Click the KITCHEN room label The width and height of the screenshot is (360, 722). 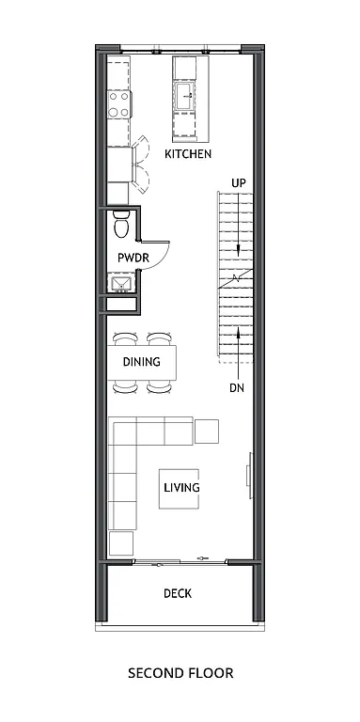click(188, 153)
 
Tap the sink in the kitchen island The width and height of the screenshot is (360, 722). click(186, 95)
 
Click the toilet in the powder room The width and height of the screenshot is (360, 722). click(121, 227)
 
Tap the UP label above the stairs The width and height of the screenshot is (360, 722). click(239, 182)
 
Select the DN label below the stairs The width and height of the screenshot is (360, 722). click(237, 387)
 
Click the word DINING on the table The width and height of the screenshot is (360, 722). click(141, 361)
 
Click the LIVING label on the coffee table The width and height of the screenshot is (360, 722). click(181, 488)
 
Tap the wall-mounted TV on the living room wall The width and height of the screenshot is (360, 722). click(249, 470)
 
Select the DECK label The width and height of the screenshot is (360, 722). click(178, 593)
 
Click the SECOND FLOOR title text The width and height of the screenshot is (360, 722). click(180, 673)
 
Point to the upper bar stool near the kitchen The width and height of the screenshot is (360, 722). click(140, 149)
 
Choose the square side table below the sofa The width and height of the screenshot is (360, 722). click(121, 542)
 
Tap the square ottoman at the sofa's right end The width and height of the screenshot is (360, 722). click(207, 431)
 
